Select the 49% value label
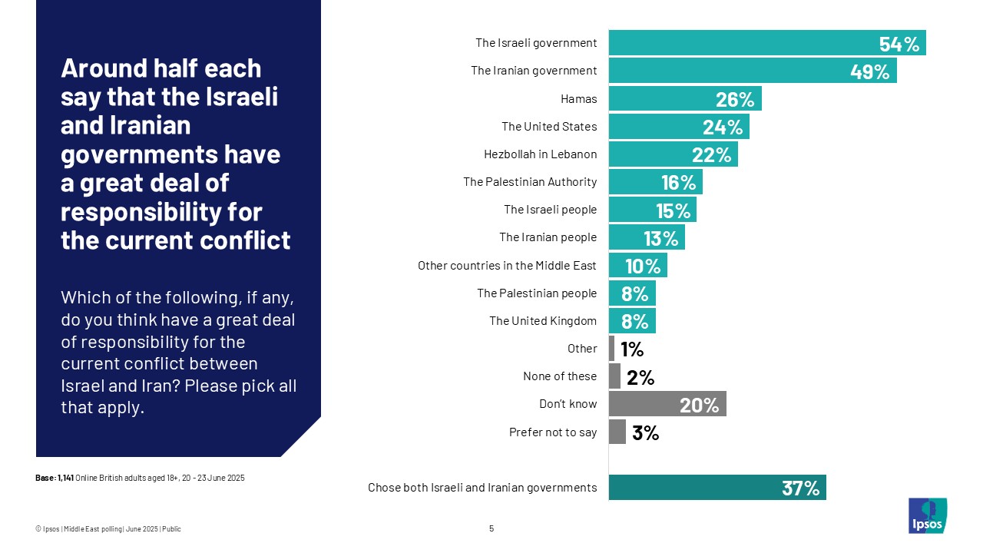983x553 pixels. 869,71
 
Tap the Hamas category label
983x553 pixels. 579,98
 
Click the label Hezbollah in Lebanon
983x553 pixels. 540,154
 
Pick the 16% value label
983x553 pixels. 678,183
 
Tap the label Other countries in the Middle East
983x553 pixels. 507,266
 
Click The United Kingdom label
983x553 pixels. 543,321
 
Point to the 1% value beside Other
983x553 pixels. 631,349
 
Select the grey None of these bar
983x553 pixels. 614,376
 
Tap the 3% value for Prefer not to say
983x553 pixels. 645,433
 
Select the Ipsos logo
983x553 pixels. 928,515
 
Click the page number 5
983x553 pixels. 491,528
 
